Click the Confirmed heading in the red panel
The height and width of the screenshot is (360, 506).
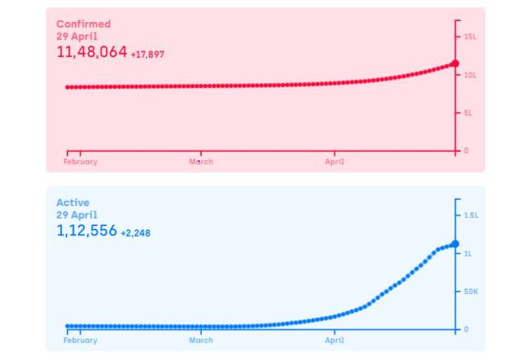83,24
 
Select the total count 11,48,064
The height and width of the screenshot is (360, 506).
91,52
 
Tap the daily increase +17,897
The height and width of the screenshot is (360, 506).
148,54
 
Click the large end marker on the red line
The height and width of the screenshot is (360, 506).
455,64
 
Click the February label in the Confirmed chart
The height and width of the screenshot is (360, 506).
80,162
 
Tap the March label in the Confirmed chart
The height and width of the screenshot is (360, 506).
201,162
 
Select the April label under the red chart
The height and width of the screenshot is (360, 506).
335,162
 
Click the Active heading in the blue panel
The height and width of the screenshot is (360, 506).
72,203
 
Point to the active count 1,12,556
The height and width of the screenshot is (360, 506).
86,231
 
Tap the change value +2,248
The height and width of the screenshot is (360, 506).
135,233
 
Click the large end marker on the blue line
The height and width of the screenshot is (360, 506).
455,244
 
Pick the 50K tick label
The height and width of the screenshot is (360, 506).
471,291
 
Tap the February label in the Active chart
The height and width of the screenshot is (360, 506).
80,340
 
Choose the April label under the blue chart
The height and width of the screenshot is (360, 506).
335,340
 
